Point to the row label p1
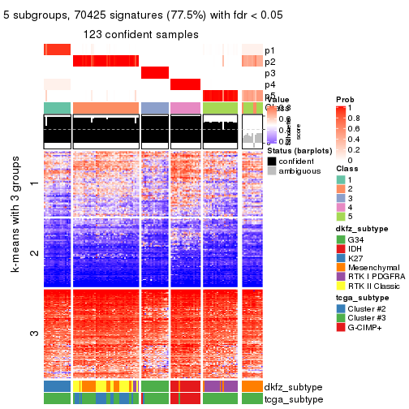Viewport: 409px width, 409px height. point(269,50)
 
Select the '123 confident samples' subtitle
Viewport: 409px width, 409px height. point(140,34)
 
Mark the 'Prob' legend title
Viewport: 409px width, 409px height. point(345,99)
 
